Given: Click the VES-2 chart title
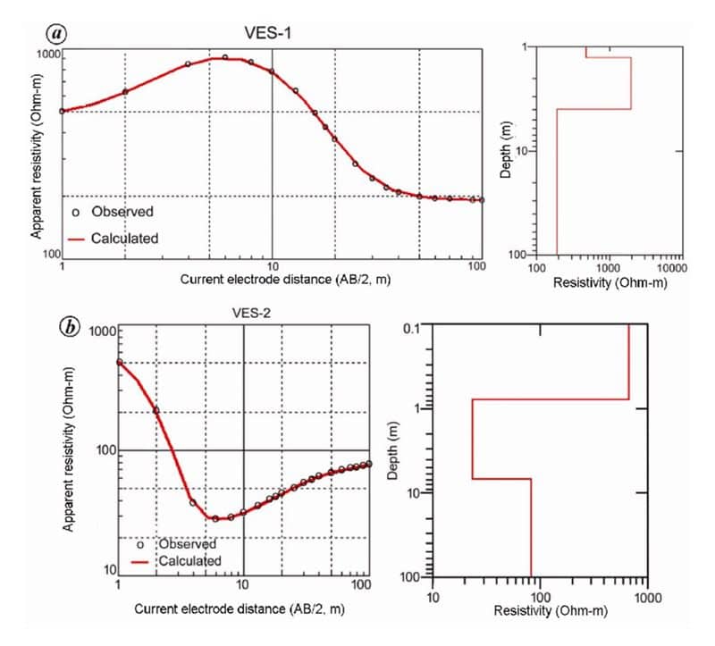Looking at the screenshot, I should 244,314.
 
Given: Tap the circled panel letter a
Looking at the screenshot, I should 57,33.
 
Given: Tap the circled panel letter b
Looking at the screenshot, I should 71,327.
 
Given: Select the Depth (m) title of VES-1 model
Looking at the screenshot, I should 505,149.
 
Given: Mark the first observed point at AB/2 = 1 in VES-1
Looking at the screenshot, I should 62,111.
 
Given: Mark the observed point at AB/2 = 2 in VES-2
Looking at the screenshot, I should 156,410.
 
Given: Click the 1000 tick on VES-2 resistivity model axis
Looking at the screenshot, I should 648,593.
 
